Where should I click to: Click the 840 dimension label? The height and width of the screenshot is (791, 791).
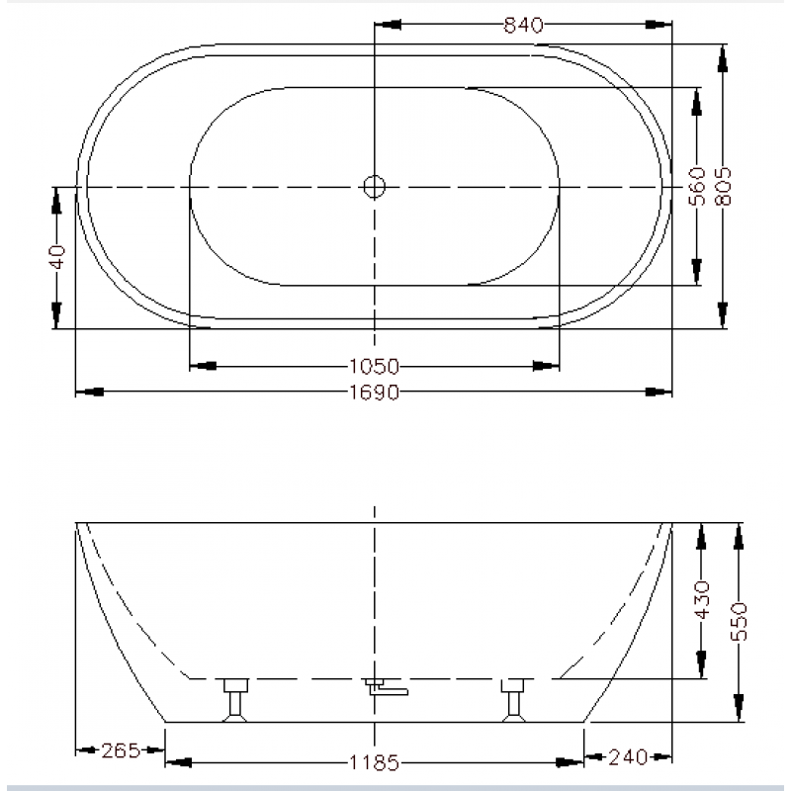click(524, 27)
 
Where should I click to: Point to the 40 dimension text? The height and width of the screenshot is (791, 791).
click(57, 257)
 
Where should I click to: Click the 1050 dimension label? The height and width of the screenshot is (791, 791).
click(374, 365)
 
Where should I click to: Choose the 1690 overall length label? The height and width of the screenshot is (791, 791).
click(374, 393)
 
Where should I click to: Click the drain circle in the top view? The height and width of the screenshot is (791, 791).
click(374, 185)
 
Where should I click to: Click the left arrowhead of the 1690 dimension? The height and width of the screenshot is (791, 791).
click(89, 393)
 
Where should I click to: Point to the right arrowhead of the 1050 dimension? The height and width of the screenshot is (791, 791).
click(547, 365)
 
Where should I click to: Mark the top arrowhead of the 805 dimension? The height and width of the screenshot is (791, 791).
click(724, 57)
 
